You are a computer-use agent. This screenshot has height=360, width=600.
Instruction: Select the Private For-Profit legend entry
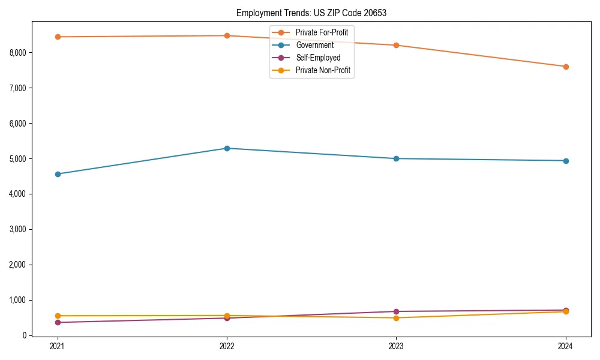click(322, 32)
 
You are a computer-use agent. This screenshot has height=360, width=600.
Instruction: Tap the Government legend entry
click(314, 45)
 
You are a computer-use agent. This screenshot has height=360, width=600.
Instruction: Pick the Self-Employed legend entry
click(318, 58)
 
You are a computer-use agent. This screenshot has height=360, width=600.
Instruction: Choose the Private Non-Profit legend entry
click(323, 71)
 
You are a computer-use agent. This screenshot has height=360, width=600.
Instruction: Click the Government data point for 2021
click(58, 174)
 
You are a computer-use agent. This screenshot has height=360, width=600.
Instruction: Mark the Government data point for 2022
click(227, 148)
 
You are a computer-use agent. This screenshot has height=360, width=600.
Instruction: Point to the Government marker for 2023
click(396, 158)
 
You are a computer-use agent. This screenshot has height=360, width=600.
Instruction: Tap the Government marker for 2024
click(566, 161)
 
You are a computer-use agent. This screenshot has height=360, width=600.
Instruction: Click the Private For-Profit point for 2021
click(58, 37)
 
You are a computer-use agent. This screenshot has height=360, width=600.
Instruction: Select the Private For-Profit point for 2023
click(396, 45)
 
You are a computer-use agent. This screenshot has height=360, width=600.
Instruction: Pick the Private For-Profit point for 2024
click(566, 67)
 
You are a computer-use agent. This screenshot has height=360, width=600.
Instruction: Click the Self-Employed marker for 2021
click(58, 322)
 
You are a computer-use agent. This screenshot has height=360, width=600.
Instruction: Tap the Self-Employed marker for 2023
click(396, 311)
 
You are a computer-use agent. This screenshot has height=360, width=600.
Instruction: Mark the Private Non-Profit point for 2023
click(396, 318)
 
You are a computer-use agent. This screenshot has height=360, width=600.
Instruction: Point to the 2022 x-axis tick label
click(227, 346)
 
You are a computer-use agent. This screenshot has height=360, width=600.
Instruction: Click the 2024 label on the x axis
click(566, 346)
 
